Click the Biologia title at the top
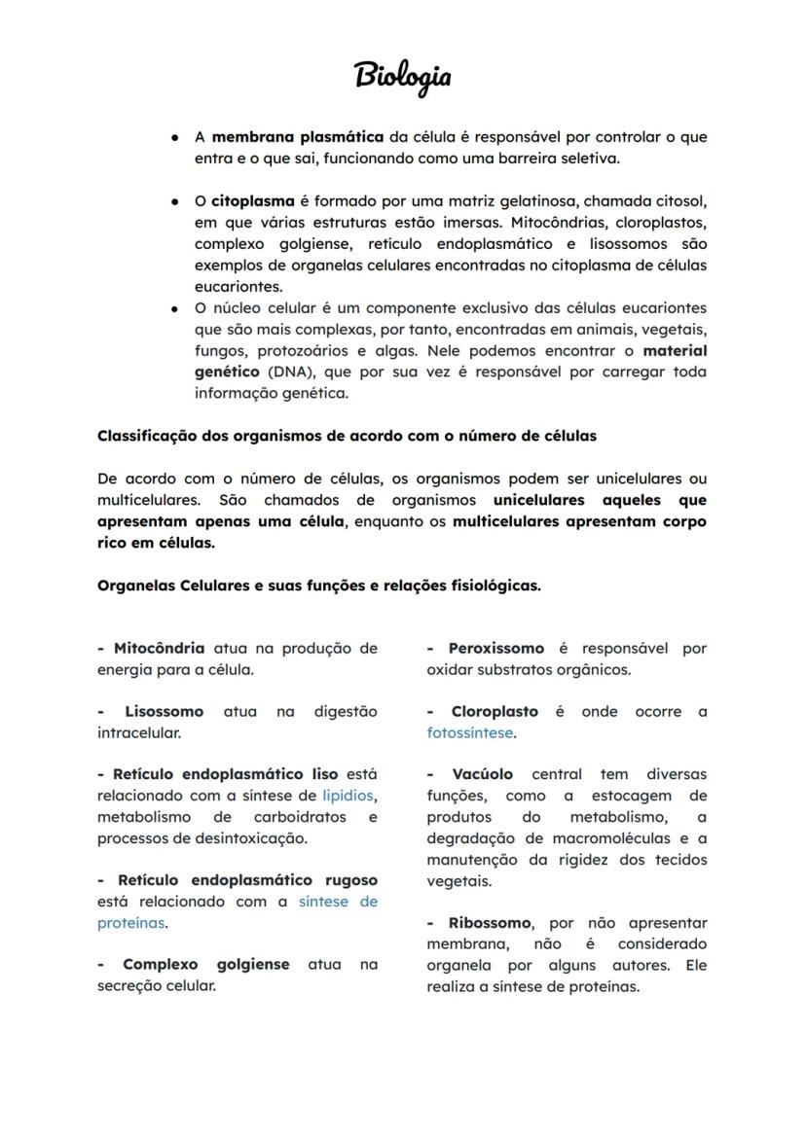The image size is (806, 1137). [x=402, y=76]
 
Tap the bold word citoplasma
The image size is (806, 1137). [x=253, y=201]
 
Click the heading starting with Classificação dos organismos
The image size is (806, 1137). [x=347, y=436]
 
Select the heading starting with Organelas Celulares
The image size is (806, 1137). [x=319, y=586]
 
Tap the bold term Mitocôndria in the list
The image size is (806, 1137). [x=159, y=649]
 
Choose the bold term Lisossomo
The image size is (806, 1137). [x=164, y=712]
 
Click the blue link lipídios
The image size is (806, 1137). [x=349, y=796]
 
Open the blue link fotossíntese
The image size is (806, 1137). [x=470, y=733]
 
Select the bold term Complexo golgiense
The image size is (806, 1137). [x=205, y=965]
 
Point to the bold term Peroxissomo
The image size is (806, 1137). [x=495, y=649]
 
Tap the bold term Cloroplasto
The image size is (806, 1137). [x=495, y=712]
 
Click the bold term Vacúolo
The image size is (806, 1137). [x=482, y=775]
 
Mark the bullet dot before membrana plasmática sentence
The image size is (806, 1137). [x=173, y=138]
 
